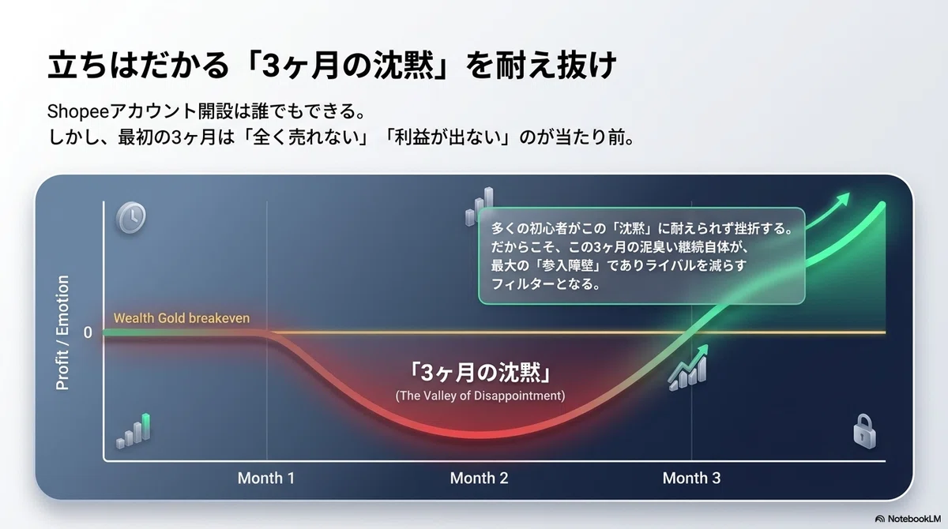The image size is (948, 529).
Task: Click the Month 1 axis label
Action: pos(265,478)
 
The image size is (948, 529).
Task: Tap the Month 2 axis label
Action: pos(479,478)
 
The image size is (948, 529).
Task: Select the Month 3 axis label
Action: pos(691,478)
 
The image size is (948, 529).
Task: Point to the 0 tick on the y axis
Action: pos(88,332)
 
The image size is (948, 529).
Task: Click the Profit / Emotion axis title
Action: pos(62,332)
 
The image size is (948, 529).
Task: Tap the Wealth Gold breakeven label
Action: pos(182,318)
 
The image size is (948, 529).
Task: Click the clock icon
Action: pos(131,218)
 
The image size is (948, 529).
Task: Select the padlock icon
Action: pos(864,431)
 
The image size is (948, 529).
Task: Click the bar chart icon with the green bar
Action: pos(134,431)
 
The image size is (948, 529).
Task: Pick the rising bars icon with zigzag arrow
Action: pos(688,368)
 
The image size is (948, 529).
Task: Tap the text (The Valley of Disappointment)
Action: pos(480,396)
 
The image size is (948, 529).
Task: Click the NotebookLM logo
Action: pos(908,519)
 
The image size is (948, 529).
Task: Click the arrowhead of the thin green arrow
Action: pos(844,199)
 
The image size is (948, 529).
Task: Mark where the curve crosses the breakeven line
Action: pos(689,332)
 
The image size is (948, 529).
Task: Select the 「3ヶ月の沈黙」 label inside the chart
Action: pos(480,373)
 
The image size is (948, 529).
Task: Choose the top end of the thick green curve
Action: pos(882,206)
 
